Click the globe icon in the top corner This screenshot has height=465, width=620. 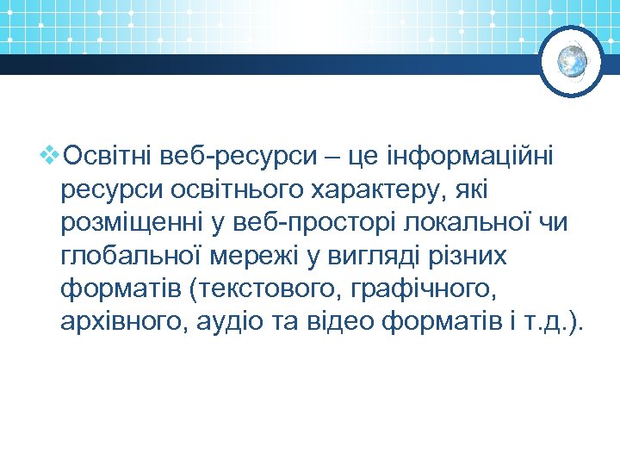[x=572, y=61]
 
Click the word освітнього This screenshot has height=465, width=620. [x=216, y=189]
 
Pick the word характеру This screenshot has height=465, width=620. [x=366, y=189]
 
